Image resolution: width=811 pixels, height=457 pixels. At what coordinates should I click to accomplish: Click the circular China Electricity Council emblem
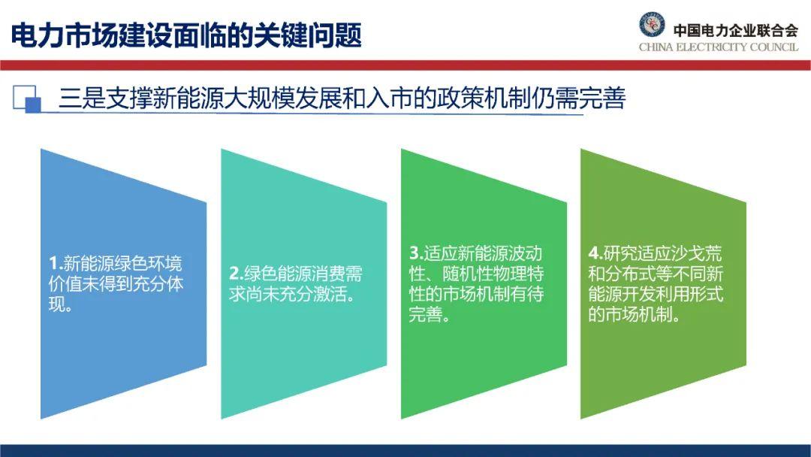pyautogui.click(x=652, y=24)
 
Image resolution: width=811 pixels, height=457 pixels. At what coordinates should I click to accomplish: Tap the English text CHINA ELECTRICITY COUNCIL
pyautogui.click(x=719, y=47)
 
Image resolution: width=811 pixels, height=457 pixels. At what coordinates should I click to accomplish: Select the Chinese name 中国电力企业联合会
pyautogui.click(x=735, y=30)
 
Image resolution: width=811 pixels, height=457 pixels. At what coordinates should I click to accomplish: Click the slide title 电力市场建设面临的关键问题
pyautogui.click(x=186, y=35)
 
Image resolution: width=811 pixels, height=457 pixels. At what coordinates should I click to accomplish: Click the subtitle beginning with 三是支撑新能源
pyautogui.click(x=342, y=98)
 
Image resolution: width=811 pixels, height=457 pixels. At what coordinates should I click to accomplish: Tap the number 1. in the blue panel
pyautogui.click(x=56, y=263)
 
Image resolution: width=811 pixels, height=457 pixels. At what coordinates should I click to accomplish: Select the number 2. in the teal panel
pyautogui.click(x=237, y=274)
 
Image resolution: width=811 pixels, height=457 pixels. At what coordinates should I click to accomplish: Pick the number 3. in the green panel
pyautogui.click(x=416, y=253)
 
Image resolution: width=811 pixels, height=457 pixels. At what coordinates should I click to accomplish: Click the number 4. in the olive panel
pyautogui.click(x=595, y=253)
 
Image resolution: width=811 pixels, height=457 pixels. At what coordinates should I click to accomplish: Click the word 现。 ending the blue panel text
pyautogui.click(x=61, y=304)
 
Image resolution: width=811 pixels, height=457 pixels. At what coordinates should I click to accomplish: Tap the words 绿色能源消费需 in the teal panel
pyautogui.click(x=303, y=274)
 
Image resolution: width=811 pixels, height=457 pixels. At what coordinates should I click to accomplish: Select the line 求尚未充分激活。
pyautogui.click(x=293, y=294)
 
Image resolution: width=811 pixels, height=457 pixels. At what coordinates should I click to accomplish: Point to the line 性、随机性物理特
pyautogui.click(x=476, y=274)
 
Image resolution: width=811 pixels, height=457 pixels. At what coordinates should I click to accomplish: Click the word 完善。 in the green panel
pyautogui.click(x=430, y=314)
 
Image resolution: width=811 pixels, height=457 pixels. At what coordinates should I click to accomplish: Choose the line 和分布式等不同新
pyautogui.click(x=656, y=274)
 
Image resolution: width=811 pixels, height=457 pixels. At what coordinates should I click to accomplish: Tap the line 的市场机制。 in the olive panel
pyautogui.click(x=635, y=314)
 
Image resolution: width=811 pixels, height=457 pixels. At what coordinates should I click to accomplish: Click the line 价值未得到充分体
pyautogui.click(x=116, y=283)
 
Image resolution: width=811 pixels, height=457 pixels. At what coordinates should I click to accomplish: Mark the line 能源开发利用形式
pyautogui.click(x=656, y=294)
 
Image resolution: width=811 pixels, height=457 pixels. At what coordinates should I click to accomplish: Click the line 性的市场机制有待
pyautogui.click(x=476, y=294)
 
